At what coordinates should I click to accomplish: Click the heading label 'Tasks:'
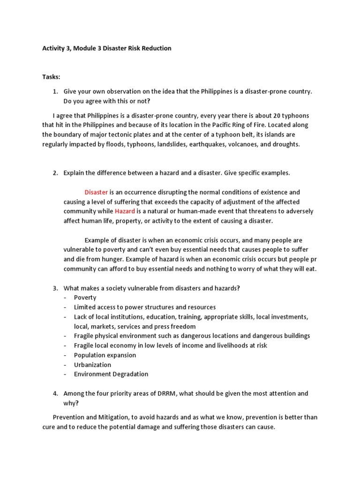51,76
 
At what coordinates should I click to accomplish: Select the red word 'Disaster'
96,192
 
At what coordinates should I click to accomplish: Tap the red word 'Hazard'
125,211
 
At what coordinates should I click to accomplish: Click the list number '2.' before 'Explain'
55,173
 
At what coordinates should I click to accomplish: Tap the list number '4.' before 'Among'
55,393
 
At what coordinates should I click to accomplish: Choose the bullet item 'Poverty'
85,298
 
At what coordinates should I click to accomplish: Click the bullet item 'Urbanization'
92,365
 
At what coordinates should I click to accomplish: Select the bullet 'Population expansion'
105,355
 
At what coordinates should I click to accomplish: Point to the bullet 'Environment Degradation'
111,374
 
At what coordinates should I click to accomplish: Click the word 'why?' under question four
71,403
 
